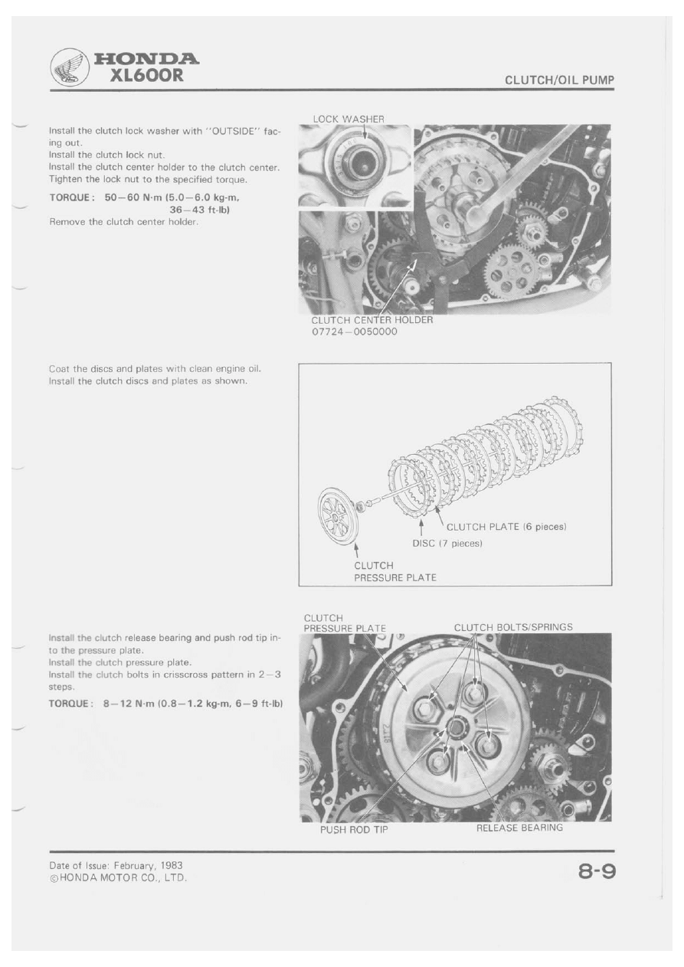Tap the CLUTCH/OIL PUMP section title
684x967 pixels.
(560, 80)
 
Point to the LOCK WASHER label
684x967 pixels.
(348, 119)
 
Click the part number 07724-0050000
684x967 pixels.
(354, 332)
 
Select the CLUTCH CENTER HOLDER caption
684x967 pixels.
(371, 320)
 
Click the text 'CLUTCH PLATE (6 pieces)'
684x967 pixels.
(506, 527)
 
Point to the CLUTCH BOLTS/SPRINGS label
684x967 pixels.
(513, 627)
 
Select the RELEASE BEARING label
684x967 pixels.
(519, 828)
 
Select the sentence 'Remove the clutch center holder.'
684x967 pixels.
(124, 221)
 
